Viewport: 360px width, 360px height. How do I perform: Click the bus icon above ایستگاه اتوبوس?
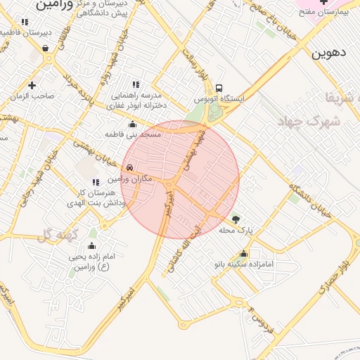219,89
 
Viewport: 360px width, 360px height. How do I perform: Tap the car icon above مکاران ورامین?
130,168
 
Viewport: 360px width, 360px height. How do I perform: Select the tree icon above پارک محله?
236,220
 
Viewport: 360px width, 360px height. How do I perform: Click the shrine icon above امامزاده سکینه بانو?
244,254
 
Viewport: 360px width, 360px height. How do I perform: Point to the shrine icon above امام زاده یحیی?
91,246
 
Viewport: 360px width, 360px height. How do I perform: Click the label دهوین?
329,53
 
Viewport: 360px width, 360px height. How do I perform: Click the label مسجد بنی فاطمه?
134,134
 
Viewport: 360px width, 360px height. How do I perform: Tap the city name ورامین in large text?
53,5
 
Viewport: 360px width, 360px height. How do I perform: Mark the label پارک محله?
236,231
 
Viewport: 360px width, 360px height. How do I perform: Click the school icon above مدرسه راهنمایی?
136,85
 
